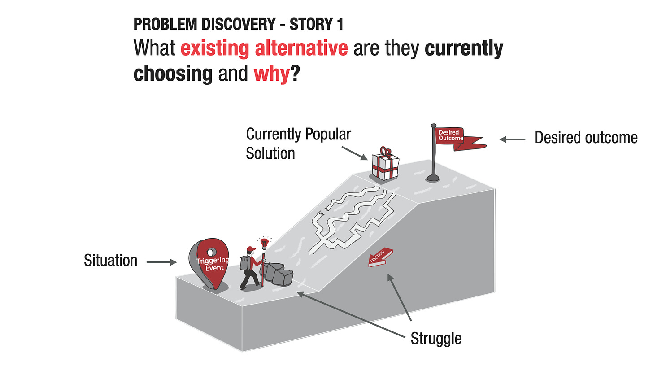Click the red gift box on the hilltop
[385, 164]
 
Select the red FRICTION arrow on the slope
[380, 257]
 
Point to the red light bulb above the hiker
[265, 243]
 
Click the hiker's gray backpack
[245, 263]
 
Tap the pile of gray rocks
[277, 274]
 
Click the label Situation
[110, 261]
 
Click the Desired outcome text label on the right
[586, 138]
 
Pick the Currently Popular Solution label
[299, 144]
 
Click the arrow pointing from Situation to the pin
[161, 262]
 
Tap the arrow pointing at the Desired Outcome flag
[513, 139]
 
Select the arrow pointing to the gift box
[355, 153]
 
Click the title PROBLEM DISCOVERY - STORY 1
[239, 24]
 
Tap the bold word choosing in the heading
[173, 74]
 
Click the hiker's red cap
[251, 249]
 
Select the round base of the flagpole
[433, 178]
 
